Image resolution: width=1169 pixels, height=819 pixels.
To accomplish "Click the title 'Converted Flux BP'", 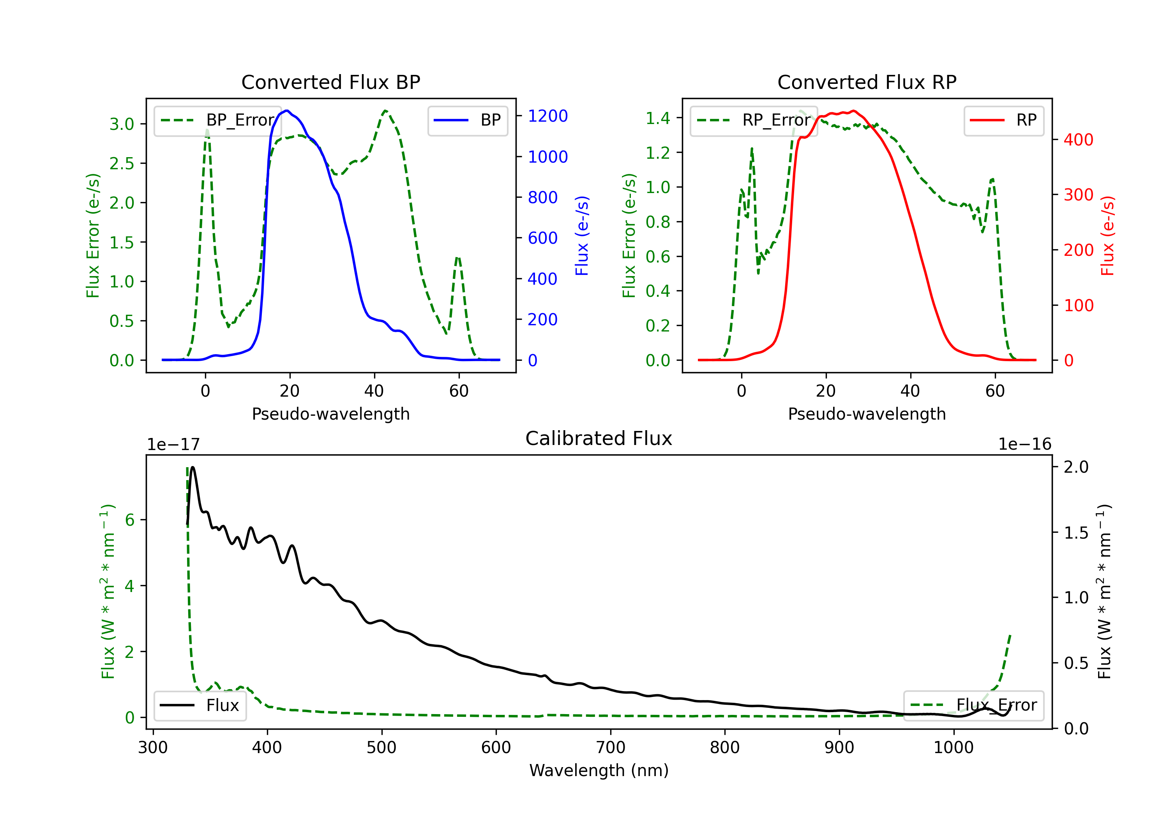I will tap(330, 82).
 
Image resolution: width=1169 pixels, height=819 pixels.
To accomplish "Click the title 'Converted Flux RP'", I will tap(867, 82).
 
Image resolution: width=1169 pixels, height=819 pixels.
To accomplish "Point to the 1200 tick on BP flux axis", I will tap(547, 116).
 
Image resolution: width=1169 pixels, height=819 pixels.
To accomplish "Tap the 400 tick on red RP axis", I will tap(1078, 140).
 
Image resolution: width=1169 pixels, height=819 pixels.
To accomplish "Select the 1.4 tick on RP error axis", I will tap(658, 118).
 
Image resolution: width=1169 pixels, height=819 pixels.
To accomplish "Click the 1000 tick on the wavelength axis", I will tap(953, 748).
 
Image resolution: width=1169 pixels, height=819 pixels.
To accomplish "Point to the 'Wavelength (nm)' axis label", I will tap(599, 771).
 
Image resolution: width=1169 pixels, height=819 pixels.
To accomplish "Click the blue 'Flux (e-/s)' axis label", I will tap(581, 236).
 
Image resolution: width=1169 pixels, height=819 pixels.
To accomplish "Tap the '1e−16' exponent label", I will tap(1024, 445).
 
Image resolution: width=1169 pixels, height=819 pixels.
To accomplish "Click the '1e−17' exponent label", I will tap(173, 445).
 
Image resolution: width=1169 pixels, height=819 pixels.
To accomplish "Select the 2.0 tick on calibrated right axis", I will tap(1076, 467).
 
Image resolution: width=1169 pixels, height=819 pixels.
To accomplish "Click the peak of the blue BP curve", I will tap(287, 111).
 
